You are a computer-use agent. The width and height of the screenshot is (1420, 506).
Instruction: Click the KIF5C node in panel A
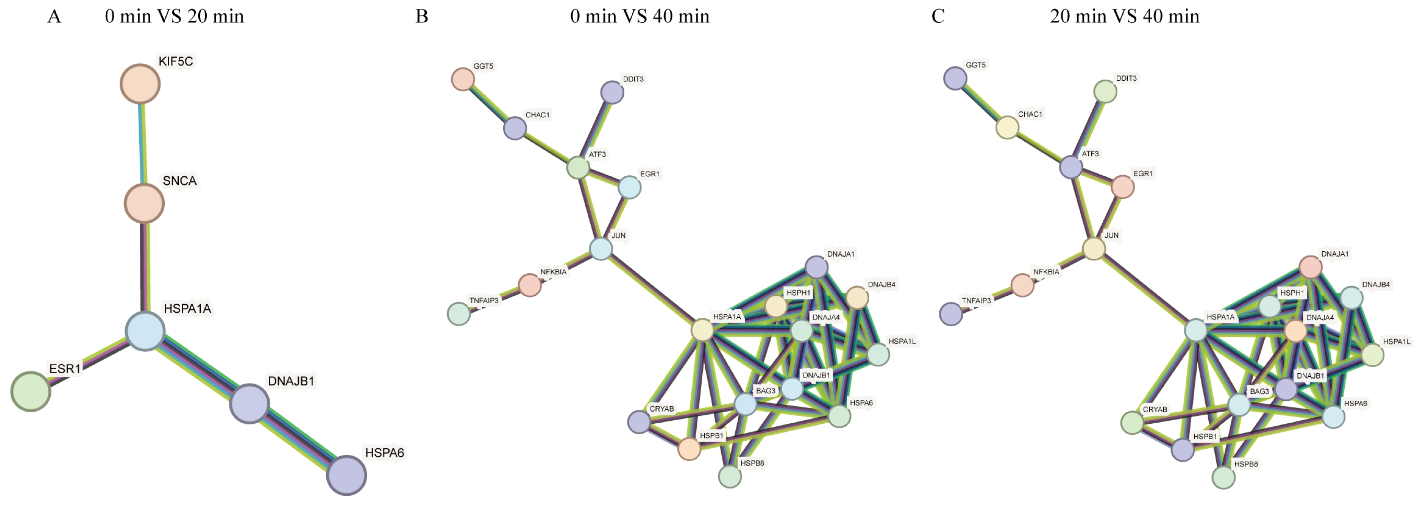tap(140, 84)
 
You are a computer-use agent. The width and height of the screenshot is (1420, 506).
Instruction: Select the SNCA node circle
tap(144, 203)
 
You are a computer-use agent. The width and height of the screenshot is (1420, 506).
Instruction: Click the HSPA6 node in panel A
tap(346, 475)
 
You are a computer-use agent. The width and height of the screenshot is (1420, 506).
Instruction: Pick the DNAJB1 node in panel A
tap(249, 403)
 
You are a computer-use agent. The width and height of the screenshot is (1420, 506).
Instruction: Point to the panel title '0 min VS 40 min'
tap(639, 16)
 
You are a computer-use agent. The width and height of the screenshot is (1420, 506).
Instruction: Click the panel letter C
tap(938, 16)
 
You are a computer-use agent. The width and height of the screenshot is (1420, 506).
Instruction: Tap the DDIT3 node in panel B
tap(612, 92)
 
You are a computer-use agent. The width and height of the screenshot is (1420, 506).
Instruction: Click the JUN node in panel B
tap(601, 249)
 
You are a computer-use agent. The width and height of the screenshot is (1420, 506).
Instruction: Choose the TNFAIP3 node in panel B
tap(459, 314)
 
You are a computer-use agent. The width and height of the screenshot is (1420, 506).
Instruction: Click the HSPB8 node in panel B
tap(730, 476)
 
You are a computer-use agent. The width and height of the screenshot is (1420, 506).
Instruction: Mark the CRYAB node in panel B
tap(639, 422)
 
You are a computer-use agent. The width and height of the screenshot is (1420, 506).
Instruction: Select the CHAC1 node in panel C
tap(1007, 127)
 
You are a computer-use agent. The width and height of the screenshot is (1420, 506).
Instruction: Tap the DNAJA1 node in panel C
tap(1310, 267)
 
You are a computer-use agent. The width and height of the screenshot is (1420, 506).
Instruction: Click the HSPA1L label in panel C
tap(1396, 342)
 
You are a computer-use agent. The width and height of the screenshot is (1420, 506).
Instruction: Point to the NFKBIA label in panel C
tap(1046, 272)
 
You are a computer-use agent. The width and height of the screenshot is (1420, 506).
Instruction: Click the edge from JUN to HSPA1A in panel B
tap(652, 290)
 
